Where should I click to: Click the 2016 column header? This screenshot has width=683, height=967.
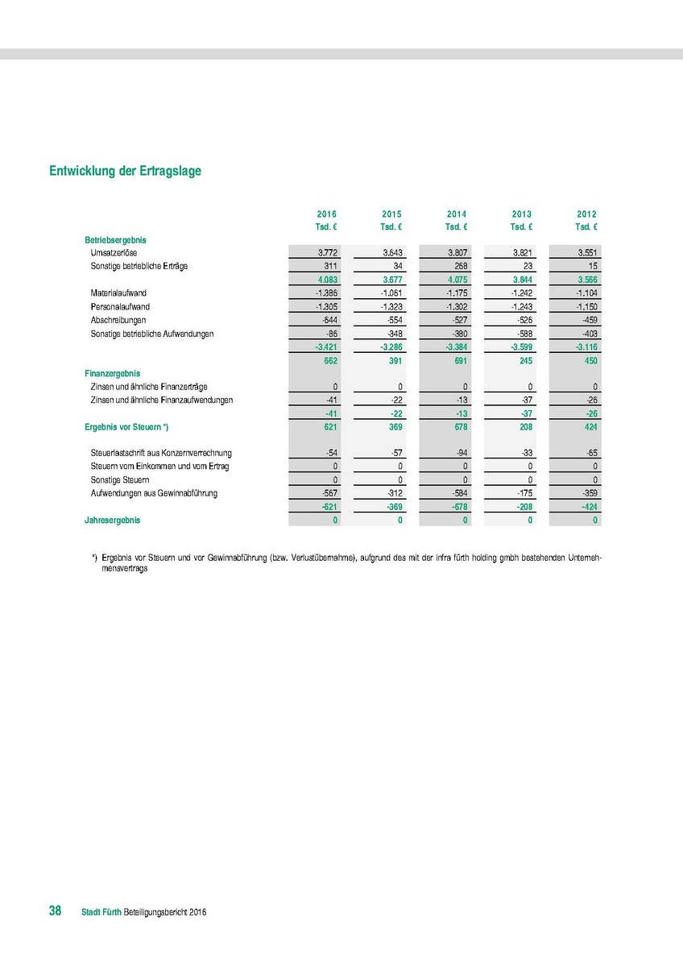326,214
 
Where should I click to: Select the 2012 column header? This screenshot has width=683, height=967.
586,214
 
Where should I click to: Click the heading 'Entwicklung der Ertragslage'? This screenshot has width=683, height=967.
125,172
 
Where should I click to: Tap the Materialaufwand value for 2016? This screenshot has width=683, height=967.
325,293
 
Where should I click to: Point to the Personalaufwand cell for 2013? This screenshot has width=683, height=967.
522,307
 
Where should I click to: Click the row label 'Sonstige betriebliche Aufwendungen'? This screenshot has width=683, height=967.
152,334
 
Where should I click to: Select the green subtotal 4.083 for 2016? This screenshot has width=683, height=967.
326,280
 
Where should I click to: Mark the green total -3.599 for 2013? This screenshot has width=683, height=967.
521,347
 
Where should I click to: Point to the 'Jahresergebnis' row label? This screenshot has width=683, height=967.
112,520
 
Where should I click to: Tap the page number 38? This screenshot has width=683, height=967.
56,911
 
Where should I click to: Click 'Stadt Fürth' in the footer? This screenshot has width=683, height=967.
101,912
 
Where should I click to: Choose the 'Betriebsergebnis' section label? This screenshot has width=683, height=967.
115,240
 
